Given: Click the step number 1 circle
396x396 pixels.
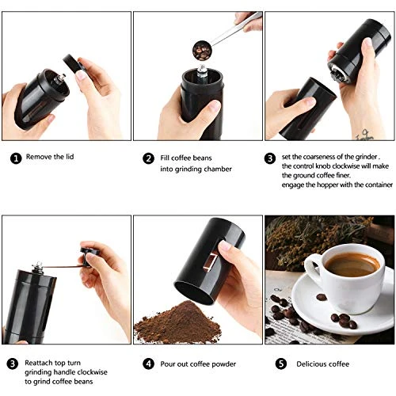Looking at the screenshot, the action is point(16,158).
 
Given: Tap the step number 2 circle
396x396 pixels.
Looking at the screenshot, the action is point(148,158).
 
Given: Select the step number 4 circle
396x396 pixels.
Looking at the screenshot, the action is point(148,364).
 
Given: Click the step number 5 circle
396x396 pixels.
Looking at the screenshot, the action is point(281,364).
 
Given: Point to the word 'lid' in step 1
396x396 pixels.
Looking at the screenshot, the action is point(70,157).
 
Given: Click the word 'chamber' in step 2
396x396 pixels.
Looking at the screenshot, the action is point(218,169).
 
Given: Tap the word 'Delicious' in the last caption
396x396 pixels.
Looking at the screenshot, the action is point(311,364).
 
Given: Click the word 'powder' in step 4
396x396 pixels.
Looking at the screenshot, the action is point(223,364).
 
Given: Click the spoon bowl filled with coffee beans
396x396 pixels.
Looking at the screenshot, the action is point(202,51).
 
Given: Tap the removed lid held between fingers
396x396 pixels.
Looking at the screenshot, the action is point(72,63).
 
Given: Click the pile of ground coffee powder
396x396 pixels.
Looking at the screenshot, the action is point(177,322).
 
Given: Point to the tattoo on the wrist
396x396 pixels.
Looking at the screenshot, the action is point(364,135).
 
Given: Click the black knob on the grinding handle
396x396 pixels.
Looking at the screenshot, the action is point(89,256).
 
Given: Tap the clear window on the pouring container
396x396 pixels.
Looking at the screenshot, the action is point(211,261).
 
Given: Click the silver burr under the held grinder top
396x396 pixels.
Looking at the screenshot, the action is point(337,74).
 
